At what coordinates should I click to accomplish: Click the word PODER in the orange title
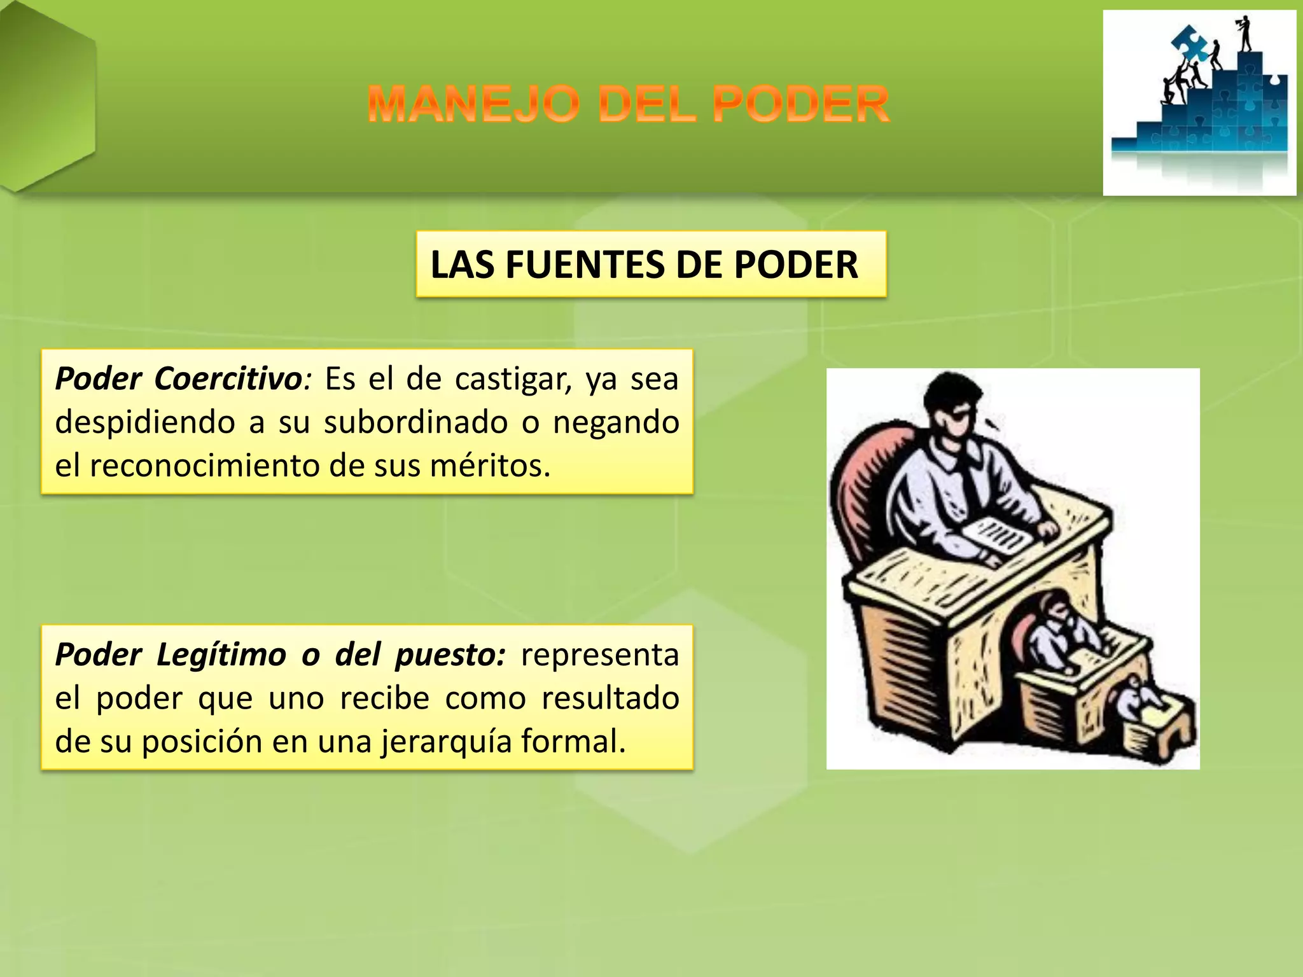point(800,105)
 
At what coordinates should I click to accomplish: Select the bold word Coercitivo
point(228,379)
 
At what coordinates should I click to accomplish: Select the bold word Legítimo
point(221,655)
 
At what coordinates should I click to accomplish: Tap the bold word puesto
point(450,655)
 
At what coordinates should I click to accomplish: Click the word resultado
point(610,698)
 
